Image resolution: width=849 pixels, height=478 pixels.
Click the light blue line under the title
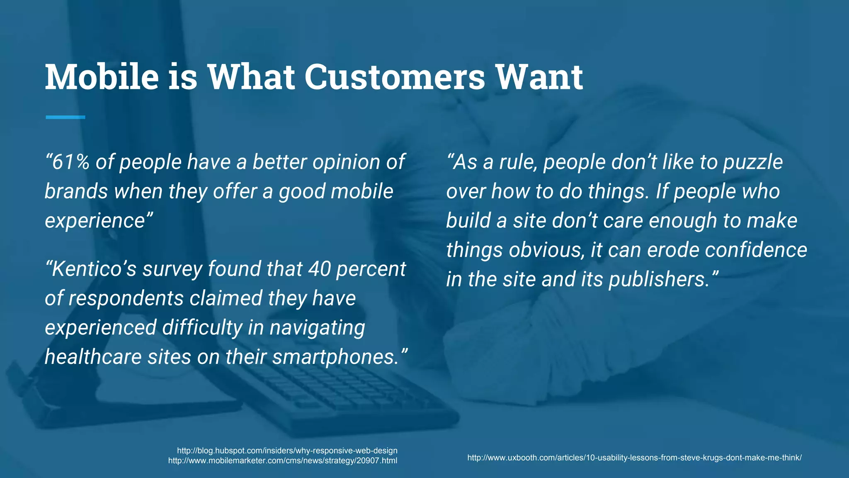pyautogui.click(x=65, y=117)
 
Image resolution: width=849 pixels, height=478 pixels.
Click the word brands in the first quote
pyautogui.click(x=76, y=191)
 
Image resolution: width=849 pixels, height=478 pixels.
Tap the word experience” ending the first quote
pyautogui.click(x=99, y=221)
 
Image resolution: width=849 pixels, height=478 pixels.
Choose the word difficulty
pyautogui.click(x=202, y=327)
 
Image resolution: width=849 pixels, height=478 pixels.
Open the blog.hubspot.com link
pyautogui.click(x=287, y=451)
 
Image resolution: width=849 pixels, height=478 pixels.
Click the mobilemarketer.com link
pyautogui.click(x=282, y=461)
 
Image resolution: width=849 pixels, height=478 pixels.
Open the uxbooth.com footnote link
pyautogui.click(x=634, y=458)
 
